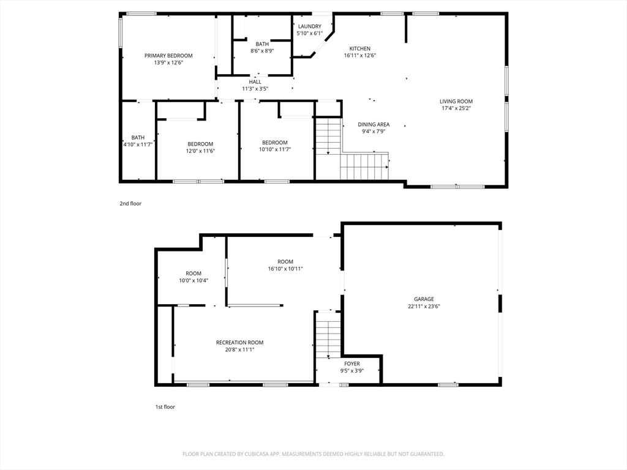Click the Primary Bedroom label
pyautogui.click(x=168, y=56)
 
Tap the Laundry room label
pyautogui.click(x=309, y=26)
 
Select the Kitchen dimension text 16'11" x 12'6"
pyautogui.click(x=360, y=56)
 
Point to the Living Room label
pyautogui.click(x=456, y=102)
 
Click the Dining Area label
pyautogui.click(x=374, y=124)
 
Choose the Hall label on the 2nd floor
pyautogui.click(x=255, y=82)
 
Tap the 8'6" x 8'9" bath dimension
pyautogui.click(x=262, y=51)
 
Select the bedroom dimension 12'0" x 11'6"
pyautogui.click(x=200, y=151)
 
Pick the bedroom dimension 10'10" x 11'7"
pyautogui.click(x=275, y=149)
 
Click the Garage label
pyautogui.click(x=424, y=299)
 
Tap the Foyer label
pyautogui.click(x=352, y=364)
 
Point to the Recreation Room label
pyautogui.click(x=239, y=343)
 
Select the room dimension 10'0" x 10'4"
pyautogui.click(x=193, y=280)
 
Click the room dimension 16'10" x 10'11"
pyautogui.click(x=285, y=269)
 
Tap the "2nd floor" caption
pyautogui.click(x=130, y=203)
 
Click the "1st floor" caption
pyautogui.click(x=165, y=407)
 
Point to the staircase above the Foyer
pyautogui.click(x=329, y=334)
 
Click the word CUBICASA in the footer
pyautogui.click(x=257, y=454)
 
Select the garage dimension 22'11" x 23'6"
pyautogui.click(x=424, y=307)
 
